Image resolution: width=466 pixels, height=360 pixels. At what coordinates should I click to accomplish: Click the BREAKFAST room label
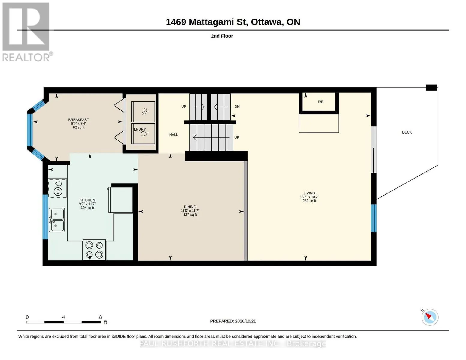point(78,120)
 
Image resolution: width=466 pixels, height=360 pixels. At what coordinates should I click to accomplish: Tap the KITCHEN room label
point(87,200)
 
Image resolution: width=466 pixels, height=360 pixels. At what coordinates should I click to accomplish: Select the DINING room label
point(190,207)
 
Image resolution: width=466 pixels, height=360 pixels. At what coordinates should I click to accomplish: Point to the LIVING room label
point(309,193)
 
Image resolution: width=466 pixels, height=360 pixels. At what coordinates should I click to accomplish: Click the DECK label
point(407,132)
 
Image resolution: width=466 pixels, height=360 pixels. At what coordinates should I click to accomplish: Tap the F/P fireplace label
point(320,102)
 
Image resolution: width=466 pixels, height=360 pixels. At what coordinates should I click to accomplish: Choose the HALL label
point(173,135)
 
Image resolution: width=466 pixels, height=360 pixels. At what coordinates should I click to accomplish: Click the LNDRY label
point(140,129)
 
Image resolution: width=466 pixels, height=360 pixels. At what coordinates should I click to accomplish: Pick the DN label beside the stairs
point(237,106)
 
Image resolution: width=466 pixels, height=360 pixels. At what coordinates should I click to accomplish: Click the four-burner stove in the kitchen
point(94,250)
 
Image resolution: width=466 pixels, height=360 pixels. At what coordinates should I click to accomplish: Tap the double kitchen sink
point(57,220)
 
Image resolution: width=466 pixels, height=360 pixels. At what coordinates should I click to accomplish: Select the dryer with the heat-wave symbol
point(143,112)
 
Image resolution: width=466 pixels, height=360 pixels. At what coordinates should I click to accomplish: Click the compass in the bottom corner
point(430,317)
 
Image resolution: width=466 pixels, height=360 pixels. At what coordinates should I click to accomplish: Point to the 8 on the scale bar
point(100,317)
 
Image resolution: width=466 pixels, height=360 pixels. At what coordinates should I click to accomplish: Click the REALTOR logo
point(27,32)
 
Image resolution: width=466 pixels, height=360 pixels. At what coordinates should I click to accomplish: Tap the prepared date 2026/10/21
point(245,321)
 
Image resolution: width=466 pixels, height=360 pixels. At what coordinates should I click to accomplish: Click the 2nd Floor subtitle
point(222,36)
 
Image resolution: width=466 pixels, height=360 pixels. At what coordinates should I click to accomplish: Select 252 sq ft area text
point(309,201)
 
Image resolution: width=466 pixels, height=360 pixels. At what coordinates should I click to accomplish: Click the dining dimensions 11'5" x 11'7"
point(190,211)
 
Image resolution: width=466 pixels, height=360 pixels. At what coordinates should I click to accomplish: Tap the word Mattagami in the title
point(218,22)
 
